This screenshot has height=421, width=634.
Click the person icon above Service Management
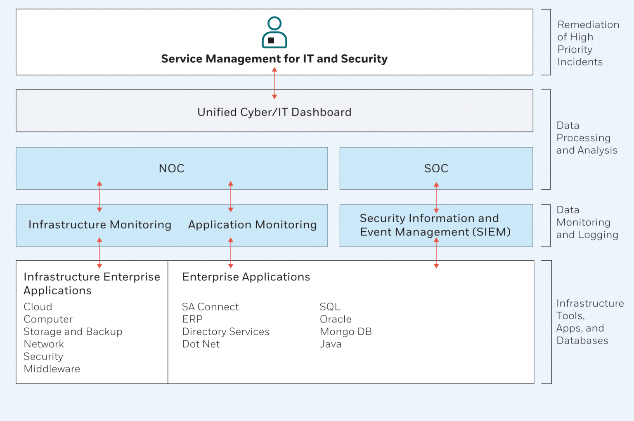274,33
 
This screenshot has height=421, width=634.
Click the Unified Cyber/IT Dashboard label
274,112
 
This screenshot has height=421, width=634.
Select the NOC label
172,168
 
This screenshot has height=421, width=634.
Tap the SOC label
436,168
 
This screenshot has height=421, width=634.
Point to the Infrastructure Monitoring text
100,225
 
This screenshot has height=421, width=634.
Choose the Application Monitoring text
253,225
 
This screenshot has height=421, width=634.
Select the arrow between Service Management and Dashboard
274,83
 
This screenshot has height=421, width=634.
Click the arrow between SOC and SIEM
436,198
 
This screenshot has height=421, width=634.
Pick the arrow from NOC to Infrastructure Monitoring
99,197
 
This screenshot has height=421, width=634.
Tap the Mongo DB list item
345,332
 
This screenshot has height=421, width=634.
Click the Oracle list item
336,319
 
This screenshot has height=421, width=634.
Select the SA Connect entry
210,307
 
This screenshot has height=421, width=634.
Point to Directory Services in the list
225,332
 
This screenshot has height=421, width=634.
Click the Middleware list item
52,369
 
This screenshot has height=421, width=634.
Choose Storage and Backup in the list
73,332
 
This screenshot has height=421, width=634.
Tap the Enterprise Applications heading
246,277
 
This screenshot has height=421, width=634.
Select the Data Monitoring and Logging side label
587,222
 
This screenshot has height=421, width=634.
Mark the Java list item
331,344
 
